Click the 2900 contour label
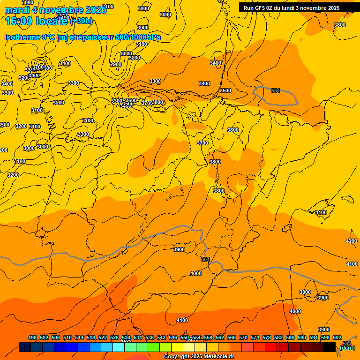116,65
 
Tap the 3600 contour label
131,101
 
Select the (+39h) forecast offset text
81,21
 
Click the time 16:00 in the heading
18,21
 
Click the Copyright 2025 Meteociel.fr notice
199,357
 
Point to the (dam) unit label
347,348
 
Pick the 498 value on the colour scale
32,337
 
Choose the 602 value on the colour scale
337,337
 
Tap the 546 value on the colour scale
173,337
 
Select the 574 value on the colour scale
255,337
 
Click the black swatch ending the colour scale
330,347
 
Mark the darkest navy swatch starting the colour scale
25,347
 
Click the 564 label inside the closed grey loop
276,90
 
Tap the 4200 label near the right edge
352,241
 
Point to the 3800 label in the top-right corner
340,25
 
